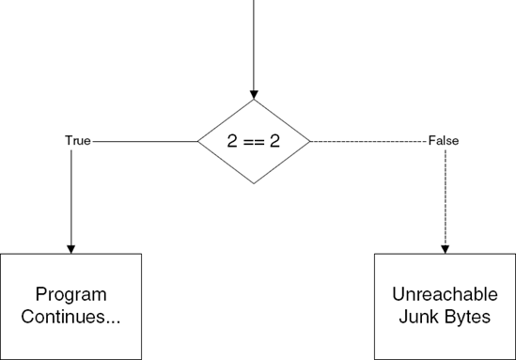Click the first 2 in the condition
[233, 142]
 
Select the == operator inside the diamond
[254, 142]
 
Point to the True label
[78, 141]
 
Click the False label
[444, 141]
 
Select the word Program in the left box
[71, 295]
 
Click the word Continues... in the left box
[71, 317]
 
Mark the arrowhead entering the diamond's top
[254, 94]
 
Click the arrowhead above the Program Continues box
[71, 248]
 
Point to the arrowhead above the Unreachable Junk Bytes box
[446, 248]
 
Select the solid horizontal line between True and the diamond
[145, 141]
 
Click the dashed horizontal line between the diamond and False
[367, 141]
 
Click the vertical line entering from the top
[254, 42]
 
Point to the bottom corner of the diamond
[254, 185]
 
